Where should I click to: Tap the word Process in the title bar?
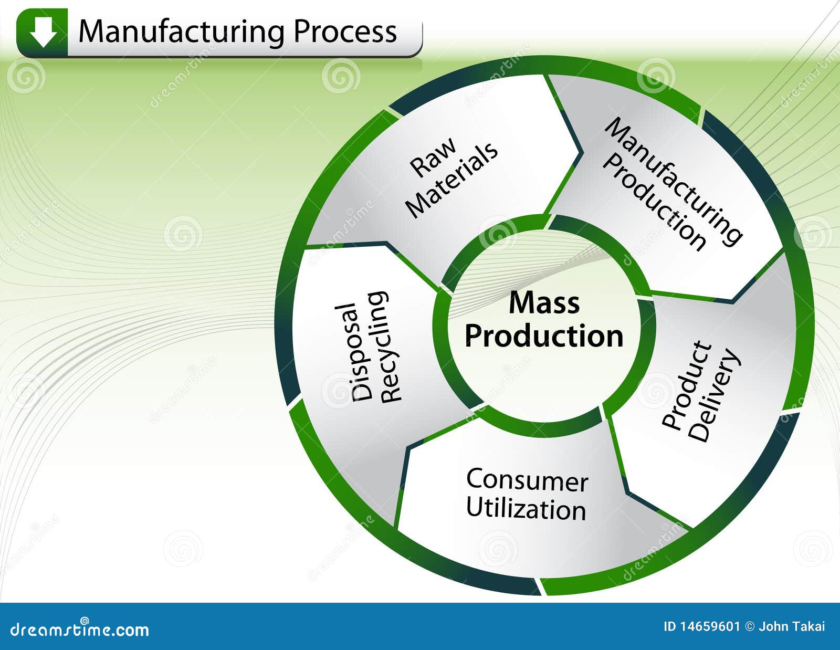click(344, 32)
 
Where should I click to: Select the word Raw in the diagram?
click(433, 158)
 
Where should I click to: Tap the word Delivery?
click(714, 396)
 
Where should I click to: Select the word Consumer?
click(527, 480)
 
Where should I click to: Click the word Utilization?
click(526, 509)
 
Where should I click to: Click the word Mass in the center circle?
click(544, 303)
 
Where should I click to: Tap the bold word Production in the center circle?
click(544, 336)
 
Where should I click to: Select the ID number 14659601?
click(709, 626)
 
